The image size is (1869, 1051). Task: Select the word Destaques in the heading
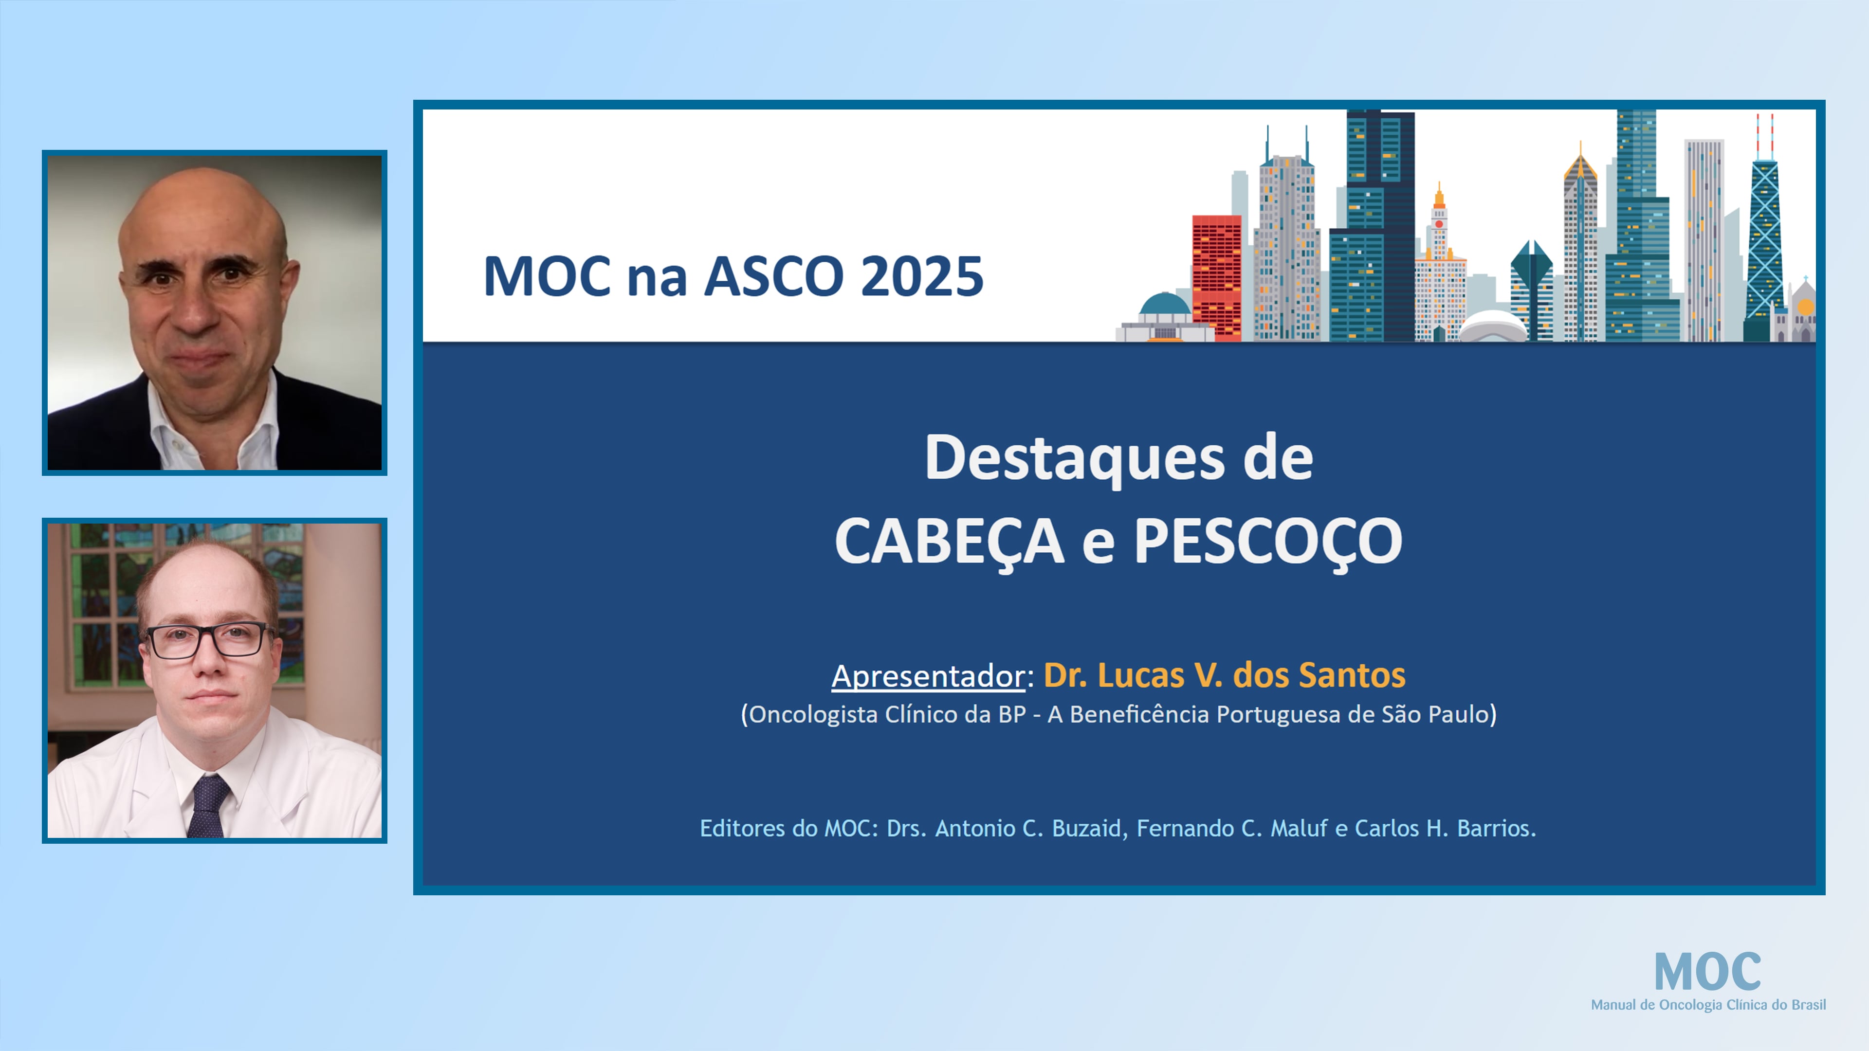click(1074, 458)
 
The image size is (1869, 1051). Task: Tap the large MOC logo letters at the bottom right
click(1707, 972)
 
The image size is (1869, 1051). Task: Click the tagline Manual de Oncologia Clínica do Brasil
click(1708, 1005)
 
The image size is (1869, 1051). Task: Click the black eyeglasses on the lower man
click(207, 640)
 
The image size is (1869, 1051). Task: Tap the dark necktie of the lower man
click(208, 805)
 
